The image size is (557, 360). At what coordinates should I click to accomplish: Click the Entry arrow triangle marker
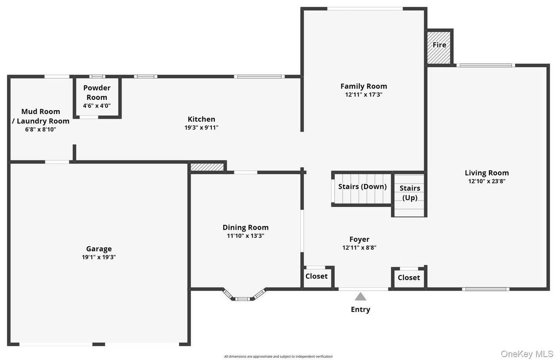pyautogui.click(x=360, y=296)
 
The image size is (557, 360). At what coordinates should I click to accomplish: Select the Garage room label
pyautogui.click(x=99, y=249)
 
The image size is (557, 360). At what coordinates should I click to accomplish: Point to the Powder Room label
pyautogui.click(x=97, y=93)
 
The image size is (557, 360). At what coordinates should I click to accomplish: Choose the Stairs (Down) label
pyautogui.click(x=362, y=187)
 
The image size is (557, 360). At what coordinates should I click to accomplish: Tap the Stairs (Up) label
pyautogui.click(x=410, y=193)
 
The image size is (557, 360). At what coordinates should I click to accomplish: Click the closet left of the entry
pyautogui.click(x=317, y=277)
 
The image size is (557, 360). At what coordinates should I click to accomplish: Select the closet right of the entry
pyautogui.click(x=408, y=278)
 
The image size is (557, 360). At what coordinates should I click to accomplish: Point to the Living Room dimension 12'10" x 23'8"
pyautogui.click(x=486, y=181)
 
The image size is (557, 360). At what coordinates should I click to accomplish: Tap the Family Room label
pyautogui.click(x=363, y=86)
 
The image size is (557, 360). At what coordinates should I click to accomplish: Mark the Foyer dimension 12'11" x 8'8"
pyautogui.click(x=359, y=248)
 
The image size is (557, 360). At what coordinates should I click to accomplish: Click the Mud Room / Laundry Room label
pyautogui.click(x=40, y=116)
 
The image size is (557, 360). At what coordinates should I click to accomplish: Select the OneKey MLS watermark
pyautogui.click(x=526, y=354)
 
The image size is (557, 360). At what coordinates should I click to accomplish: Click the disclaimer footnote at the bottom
pyautogui.click(x=278, y=356)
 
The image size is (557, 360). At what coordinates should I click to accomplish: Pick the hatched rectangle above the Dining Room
pyautogui.click(x=207, y=167)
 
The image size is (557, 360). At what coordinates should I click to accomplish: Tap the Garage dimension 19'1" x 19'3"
pyautogui.click(x=99, y=257)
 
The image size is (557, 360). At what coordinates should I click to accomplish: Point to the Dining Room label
pyautogui.click(x=246, y=227)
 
